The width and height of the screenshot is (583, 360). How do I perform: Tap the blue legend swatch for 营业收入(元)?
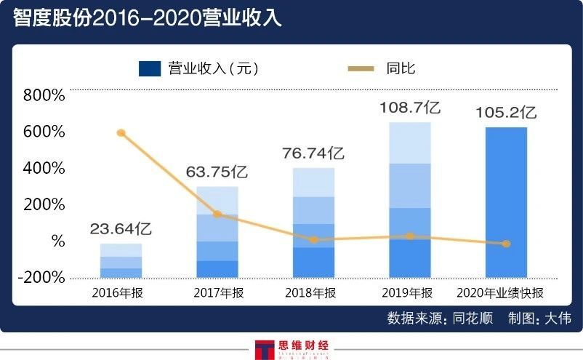tap(149, 69)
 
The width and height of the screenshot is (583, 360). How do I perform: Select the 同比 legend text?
tap(401, 69)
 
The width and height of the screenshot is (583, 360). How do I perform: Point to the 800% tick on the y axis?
tap(44, 95)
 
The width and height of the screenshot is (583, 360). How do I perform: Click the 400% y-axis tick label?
tap(44, 168)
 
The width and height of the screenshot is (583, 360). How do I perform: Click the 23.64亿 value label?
tap(121, 229)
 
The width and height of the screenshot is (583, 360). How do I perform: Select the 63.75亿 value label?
tap(217, 172)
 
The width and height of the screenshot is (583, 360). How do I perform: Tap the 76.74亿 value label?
tap(313, 153)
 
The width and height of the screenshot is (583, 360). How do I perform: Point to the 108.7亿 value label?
tap(410, 108)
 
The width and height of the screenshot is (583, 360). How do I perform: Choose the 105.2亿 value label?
tap(506, 113)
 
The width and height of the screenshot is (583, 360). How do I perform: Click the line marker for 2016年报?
tap(121, 133)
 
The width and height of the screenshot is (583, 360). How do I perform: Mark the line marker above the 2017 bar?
tap(217, 214)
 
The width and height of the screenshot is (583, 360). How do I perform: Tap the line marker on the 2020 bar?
tap(507, 244)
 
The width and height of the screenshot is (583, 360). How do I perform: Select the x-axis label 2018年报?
tap(313, 293)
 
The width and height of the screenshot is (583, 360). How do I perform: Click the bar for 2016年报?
tap(121, 260)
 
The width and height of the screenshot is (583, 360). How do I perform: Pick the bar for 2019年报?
tap(410, 200)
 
